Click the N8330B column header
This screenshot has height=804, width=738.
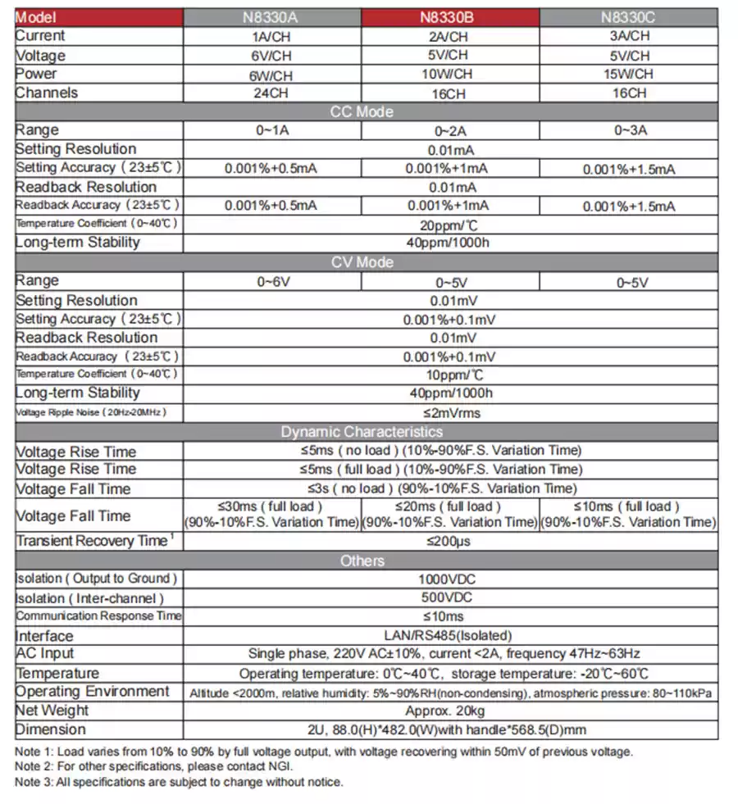click(x=450, y=17)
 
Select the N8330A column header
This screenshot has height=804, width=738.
click(x=271, y=17)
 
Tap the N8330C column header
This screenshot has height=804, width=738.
click(x=629, y=17)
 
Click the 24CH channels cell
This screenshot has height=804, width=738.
click(x=271, y=93)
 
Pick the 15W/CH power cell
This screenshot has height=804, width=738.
click(x=629, y=75)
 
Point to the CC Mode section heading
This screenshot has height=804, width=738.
click(x=362, y=111)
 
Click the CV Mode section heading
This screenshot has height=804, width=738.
click(x=362, y=262)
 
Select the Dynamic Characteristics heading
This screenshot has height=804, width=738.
click(x=362, y=432)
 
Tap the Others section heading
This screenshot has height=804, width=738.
click(x=362, y=561)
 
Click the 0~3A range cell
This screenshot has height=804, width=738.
click(x=629, y=130)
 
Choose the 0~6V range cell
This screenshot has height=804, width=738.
click(x=271, y=282)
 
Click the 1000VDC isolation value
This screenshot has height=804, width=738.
click(x=450, y=579)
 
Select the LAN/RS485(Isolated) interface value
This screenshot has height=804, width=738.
click(x=450, y=635)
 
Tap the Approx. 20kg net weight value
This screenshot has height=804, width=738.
click(x=450, y=711)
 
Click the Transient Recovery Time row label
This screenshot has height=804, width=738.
click(x=95, y=541)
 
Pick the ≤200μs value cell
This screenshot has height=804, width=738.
click(x=450, y=541)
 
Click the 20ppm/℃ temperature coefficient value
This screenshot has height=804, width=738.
click(x=450, y=224)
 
